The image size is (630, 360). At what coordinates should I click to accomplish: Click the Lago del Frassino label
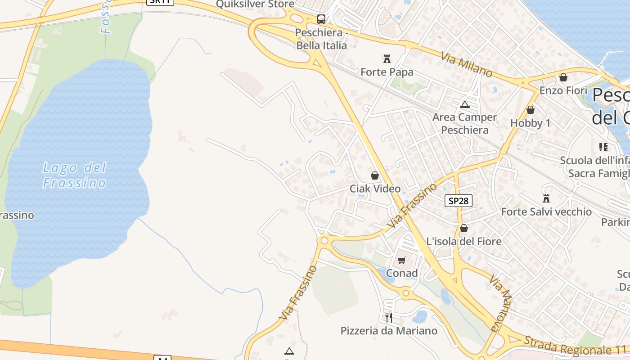tap(75, 175)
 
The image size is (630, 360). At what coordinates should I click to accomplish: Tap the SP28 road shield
tap(459, 201)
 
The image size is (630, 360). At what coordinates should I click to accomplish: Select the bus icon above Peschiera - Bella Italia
tap(321, 19)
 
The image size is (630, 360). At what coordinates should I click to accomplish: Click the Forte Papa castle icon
tap(387, 58)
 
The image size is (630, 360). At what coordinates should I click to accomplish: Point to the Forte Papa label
tap(387, 72)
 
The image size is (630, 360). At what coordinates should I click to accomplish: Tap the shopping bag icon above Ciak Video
tap(374, 175)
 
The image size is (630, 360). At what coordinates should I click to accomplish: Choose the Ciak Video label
tap(375, 189)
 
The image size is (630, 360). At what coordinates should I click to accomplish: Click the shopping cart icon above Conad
tap(402, 260)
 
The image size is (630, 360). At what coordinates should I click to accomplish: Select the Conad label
tap(402, 273)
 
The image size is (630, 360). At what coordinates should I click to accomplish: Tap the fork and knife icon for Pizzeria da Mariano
tap(389, 318)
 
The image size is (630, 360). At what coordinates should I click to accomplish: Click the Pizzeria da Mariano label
tap(389, 331)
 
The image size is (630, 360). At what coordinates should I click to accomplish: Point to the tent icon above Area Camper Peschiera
tap(464, 105)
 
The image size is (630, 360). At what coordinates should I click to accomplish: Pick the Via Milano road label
tap(466, 65)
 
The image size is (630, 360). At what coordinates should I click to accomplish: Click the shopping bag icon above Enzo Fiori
tap(563, 77)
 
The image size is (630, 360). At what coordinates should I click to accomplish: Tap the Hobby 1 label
tap(530, 123)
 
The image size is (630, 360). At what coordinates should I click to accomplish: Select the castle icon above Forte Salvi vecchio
tap(546, 198)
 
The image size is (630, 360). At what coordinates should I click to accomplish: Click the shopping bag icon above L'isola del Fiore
tap(463, 228)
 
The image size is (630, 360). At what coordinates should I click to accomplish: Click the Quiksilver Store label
tap(255, 4)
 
